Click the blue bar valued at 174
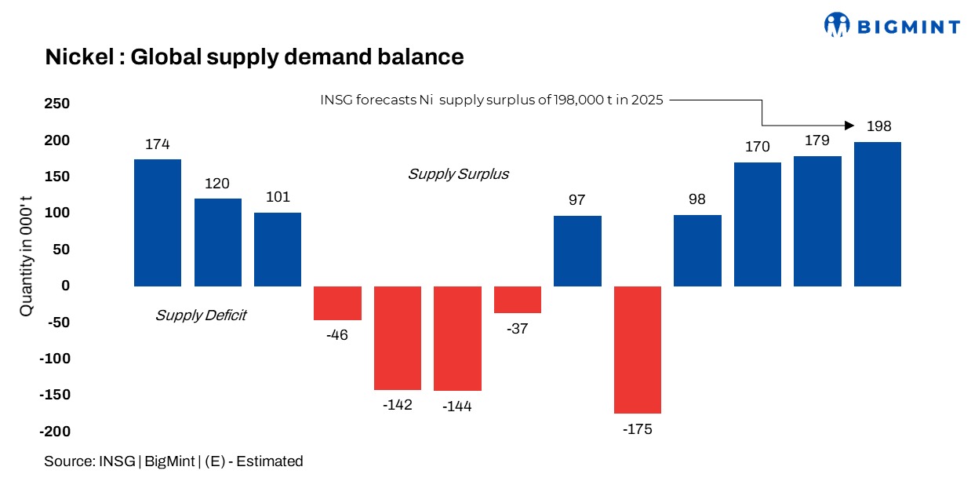pyautogui.click(x=158, y=223)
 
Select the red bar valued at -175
pyautogui.click(x=638, y=349)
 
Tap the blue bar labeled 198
pyautogui.click(x=877, y=214)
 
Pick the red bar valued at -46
pyautogui.click(x=337, y=303)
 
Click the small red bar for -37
pyautogui.click(x=517, y=300)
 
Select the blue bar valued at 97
pyautogui.click(x=577, y=251)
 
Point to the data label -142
pyautogui.click(x=397, y=405)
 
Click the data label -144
pyautogui.click(x=456, y=407)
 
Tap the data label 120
pyautogui.click(x=217, y=184)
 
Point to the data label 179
pyautogui.click(x=817, y=141)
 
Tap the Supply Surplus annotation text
pyautogui.click(x=458, y=174)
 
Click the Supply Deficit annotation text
pyautogui.click(x=201, y=315)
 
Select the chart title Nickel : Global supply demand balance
pyautogui.click(x=254, y=57)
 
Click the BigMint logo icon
pyautogui.click(x=837, y=24)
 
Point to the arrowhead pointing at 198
pyautogui.click(x=849, y=126)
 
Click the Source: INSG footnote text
pyautogui.click(x=173, y=461)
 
